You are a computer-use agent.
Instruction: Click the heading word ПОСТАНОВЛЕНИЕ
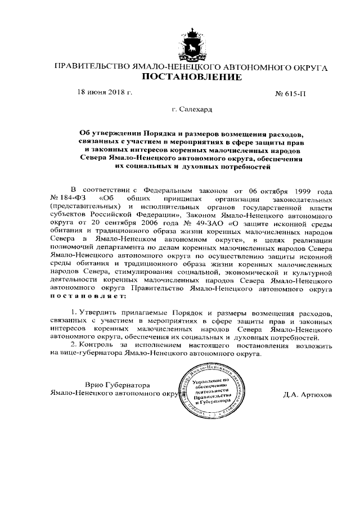click(192, 76)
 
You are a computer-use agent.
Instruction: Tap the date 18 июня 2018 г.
click(105, 92)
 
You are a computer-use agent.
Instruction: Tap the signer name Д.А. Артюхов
click(308, 394)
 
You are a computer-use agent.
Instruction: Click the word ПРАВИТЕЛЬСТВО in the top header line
click(88, 66)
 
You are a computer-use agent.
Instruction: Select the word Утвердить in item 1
click(98, 312)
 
